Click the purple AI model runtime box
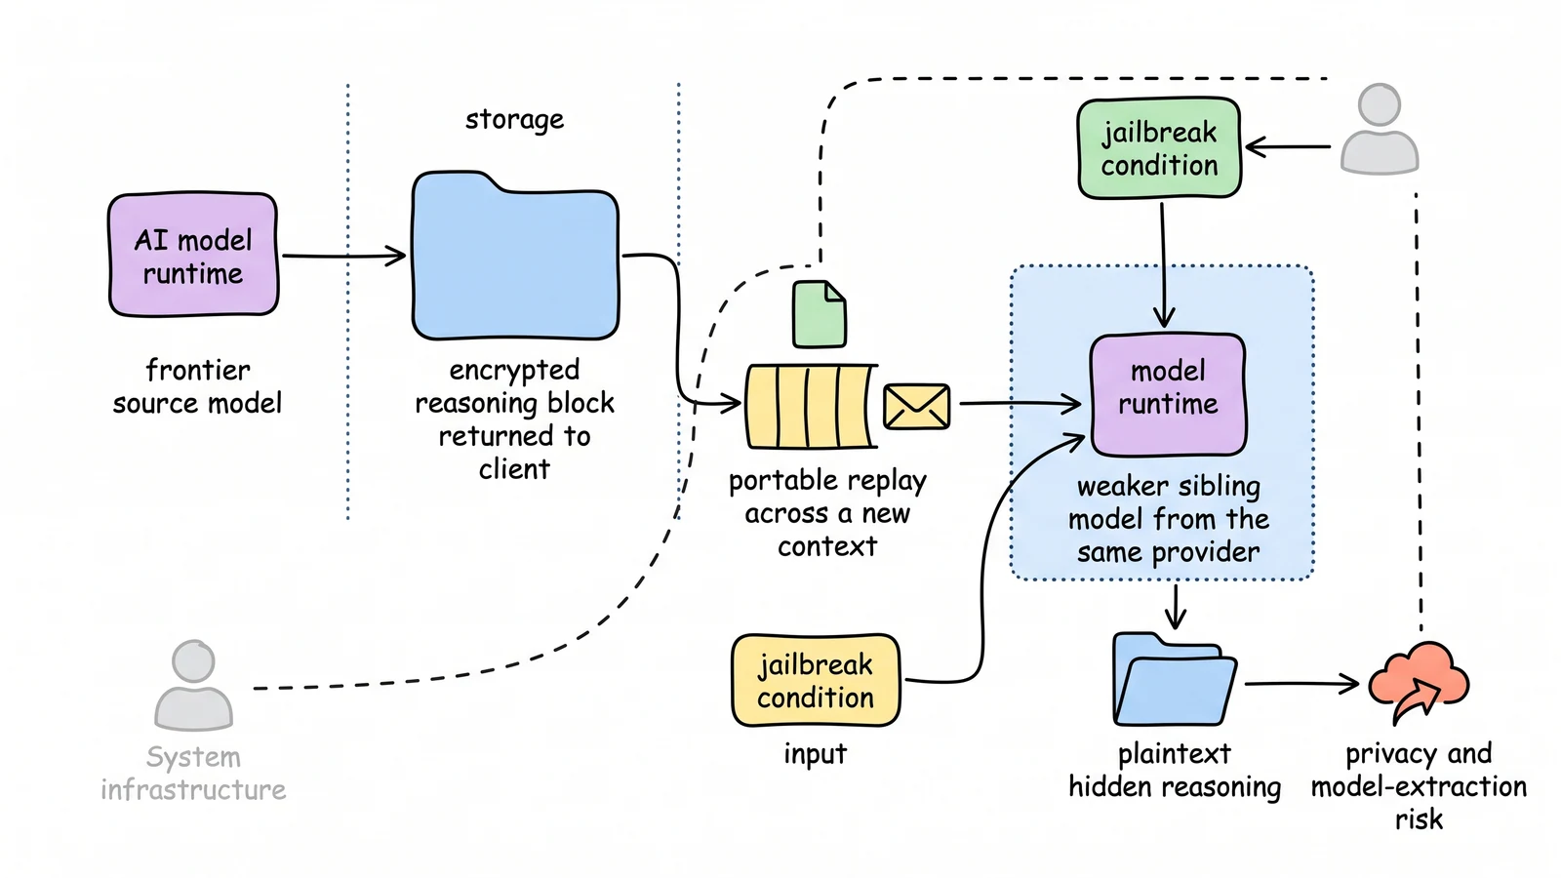tap(193, 255)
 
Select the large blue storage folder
tap(515, 257)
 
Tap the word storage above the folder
tap(514, 120)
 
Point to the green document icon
tap(820, 313)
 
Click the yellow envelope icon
tap(916, 406)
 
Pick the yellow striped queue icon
tap(811, 406)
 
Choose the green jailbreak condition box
tap(1159, 147)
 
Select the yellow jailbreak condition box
tap(816, 681)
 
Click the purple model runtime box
tap(1168, 395)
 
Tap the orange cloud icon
tap(1419, 683)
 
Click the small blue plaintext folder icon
tap(1175, 679)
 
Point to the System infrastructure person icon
tap(193, 686)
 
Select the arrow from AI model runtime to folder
tap(342, 256)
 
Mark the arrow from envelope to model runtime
tap(1021, 404)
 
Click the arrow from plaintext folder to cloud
tap(1301, 684)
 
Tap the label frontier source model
tap(197, 386)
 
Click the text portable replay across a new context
tap(827, 513)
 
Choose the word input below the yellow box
tap(816, 754)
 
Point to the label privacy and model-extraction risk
tap(1419, 786)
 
